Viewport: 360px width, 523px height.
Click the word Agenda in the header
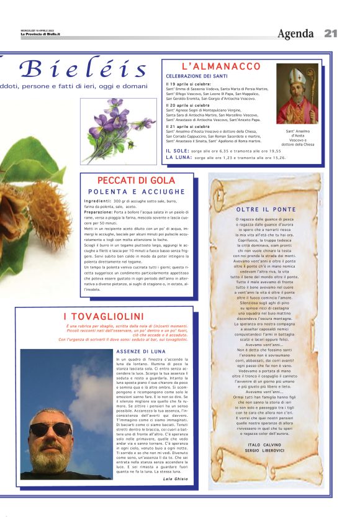(x=295, y=34)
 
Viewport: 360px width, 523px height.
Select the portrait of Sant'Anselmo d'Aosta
(x=297, y=94)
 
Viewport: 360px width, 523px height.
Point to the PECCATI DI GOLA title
(x=137, y=181)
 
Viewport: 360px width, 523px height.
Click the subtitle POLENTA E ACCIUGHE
(x=137, y=192)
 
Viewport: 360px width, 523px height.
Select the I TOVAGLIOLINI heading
(x=104, y=317)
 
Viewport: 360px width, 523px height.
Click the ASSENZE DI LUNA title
(x=141, y=352)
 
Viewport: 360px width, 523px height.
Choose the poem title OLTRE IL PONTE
(x=266, y=209)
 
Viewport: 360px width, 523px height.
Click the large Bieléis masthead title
(x=83, y=69)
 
